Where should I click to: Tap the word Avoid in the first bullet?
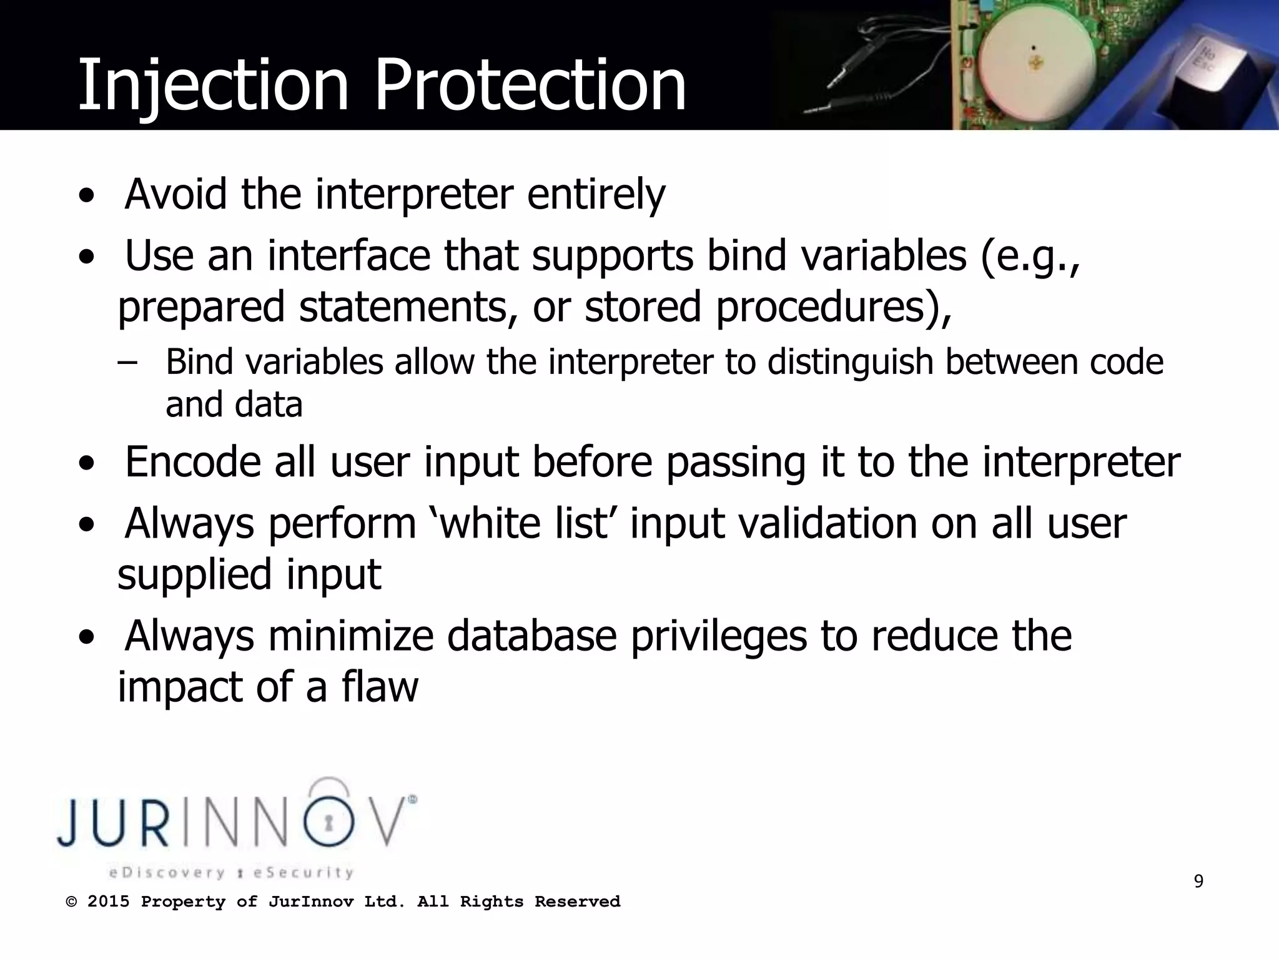(x=175, y=194)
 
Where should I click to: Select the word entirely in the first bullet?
(x=596, y=195)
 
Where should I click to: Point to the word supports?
(x=612, y=257)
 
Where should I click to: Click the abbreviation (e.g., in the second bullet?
(x=1030, y=257)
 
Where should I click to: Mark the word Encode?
(x=192, y=462)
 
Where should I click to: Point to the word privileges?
(x=718, y=637)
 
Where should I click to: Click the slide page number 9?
(x=1198, y=882)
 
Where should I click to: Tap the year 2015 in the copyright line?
(x=108, y=902)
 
